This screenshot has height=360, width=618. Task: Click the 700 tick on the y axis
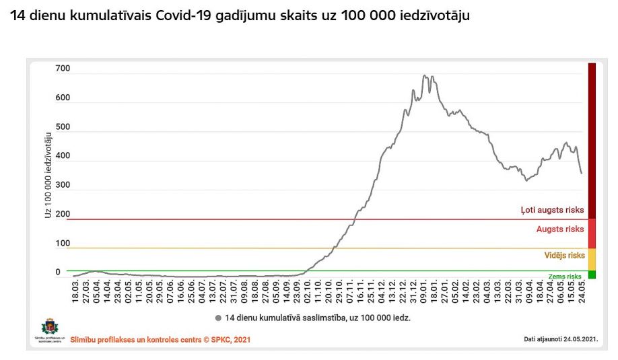click(63, 69)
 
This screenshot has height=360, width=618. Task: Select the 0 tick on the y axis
click(58, 272)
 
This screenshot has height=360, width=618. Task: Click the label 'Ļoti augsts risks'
click(552, 210)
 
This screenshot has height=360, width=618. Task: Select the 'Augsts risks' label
click(559, 229)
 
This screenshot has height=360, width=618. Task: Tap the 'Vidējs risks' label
click(564, 256)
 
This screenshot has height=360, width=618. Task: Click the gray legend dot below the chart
click(219, 317)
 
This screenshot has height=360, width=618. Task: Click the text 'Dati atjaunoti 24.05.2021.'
click(560, 339)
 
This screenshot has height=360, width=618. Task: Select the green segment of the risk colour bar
click(592, 275)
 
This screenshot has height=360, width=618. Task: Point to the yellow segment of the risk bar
click(592, 259)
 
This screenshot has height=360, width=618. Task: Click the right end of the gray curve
click(582, 174)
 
